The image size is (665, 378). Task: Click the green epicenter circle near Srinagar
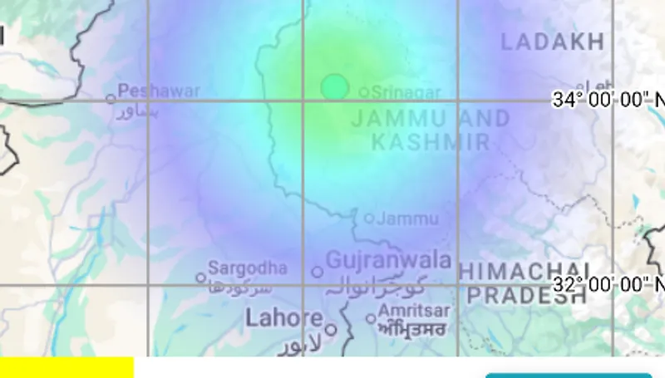(334, 86)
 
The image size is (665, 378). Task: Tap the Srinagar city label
(406, 91)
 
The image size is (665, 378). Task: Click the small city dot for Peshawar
(111, 98)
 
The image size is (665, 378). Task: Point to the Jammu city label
(407, 219)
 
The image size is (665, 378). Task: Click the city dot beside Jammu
(369, 218)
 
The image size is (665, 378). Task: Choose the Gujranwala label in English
(388, 261)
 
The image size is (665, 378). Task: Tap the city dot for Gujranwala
(317, 272)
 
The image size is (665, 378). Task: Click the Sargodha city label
(248, 268)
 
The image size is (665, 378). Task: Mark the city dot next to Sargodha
(200, 277)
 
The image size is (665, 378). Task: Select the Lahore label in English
(284, 317)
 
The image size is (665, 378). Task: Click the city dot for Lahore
(330, 329)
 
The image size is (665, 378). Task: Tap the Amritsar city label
(414, 311)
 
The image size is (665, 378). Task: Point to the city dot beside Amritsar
(371, 318)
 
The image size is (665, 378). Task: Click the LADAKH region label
(552, 42)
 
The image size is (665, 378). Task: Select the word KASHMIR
(431, 142)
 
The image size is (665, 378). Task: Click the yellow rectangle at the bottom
(66, 367)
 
